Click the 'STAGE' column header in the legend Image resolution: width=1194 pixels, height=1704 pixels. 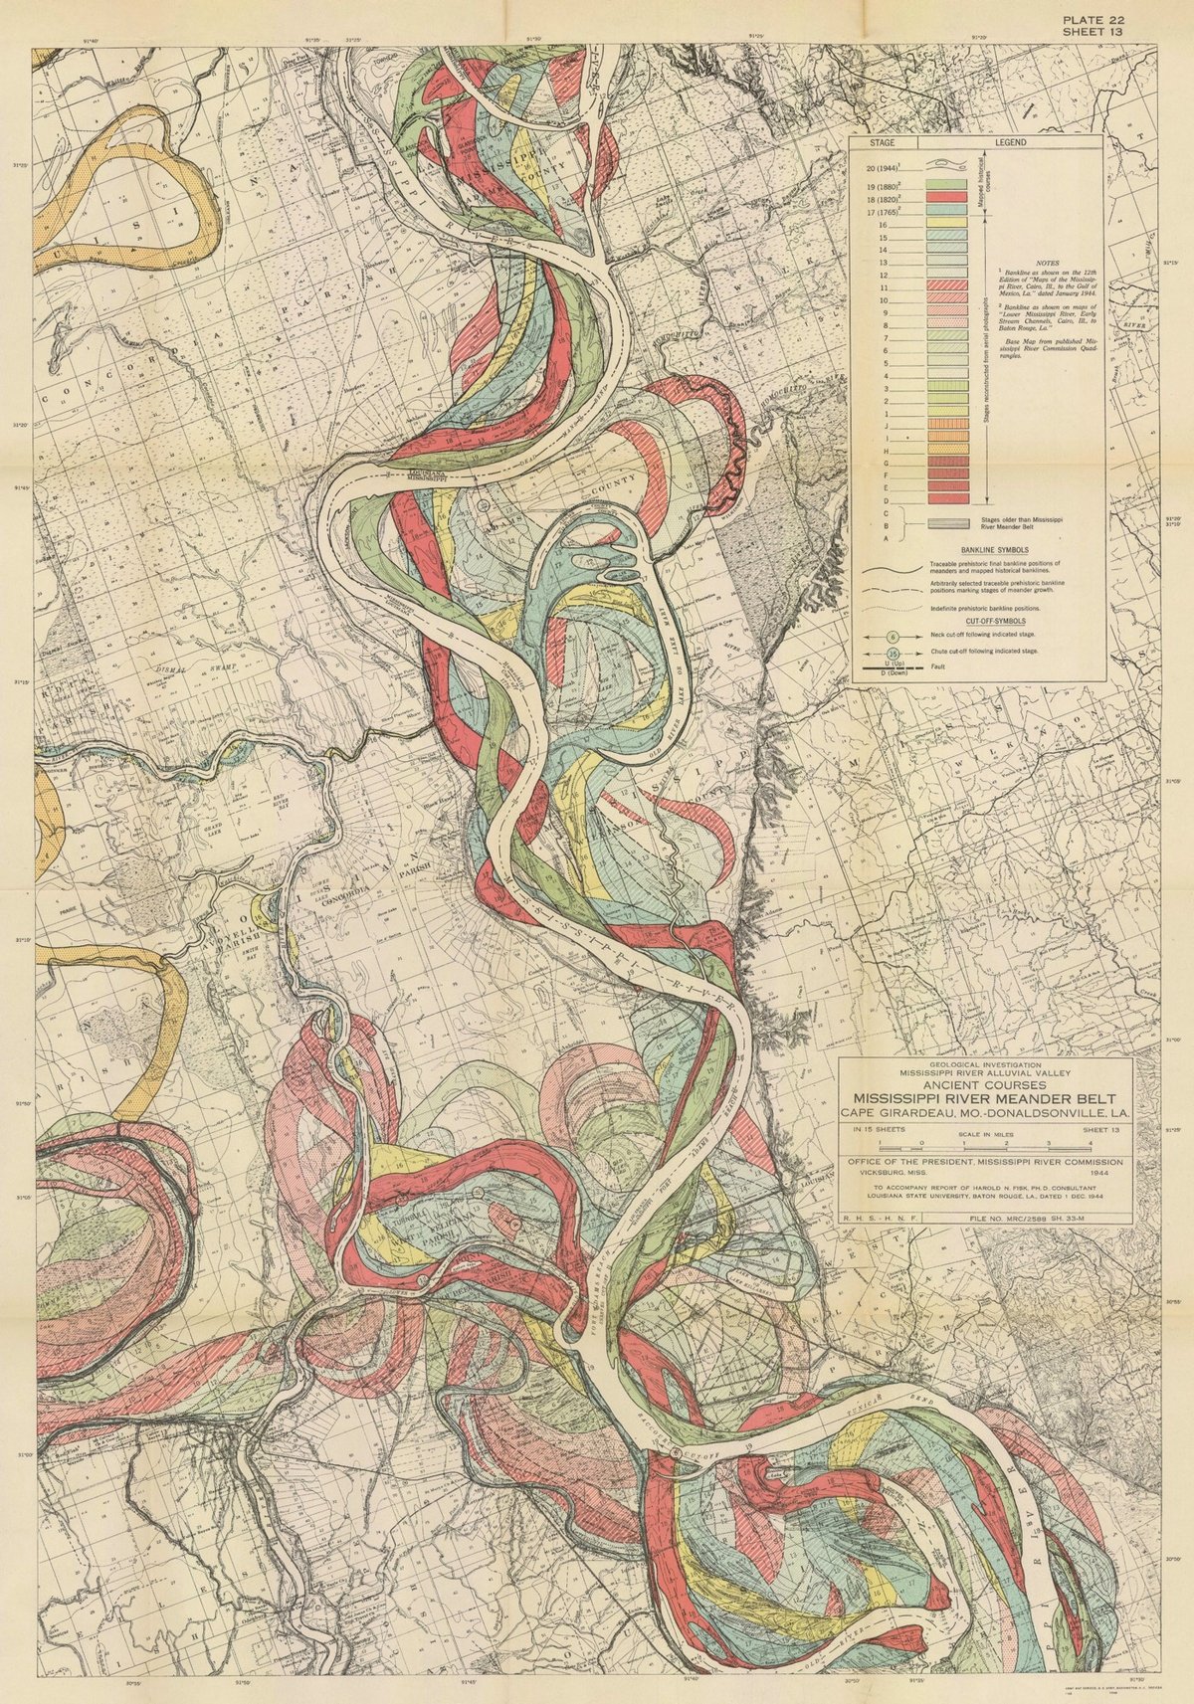point(882,142)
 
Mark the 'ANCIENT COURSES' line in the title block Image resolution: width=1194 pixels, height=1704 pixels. point(985,1085)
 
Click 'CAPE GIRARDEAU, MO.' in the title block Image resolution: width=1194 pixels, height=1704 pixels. point(921,1113)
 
